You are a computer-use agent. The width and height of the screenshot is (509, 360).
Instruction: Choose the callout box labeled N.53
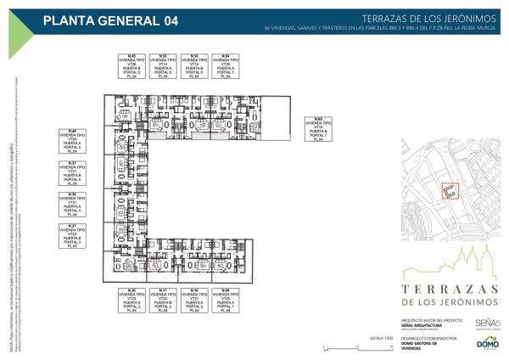(x=194, y=66)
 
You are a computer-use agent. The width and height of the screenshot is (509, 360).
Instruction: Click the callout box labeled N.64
(x=226, y=66)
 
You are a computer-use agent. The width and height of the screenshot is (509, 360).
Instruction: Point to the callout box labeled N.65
(x=318, y=130)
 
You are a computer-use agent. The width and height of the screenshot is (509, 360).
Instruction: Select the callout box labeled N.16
(x=194, y=301)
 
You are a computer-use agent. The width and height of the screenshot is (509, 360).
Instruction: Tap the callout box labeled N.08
(x=226, y=301)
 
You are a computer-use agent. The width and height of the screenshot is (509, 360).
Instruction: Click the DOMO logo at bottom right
(x=488, y=343)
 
